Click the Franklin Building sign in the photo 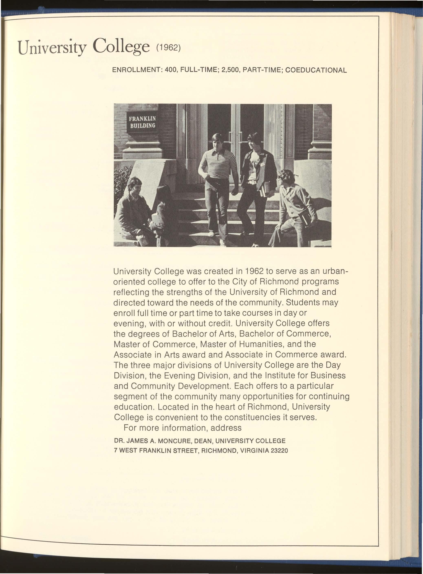[142, 122]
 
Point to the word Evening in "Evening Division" [178, 376]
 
